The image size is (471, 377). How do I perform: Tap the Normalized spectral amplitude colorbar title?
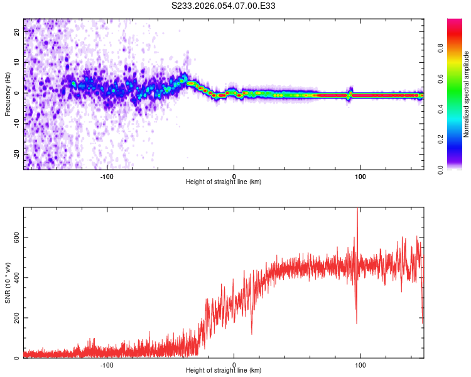(x=467, y=95)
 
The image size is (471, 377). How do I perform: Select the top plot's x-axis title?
(x=224, y=182)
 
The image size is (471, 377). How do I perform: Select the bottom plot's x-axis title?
(x=224, y=370)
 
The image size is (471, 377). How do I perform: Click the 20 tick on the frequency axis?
(x=17, y=33)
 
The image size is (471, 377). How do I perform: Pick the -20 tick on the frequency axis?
(x=17, y=153)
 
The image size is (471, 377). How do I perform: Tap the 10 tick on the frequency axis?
(x=17, y=63)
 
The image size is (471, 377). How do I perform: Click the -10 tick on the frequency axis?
(x=17, y=123)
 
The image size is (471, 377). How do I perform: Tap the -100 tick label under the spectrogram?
(x=107, y=175)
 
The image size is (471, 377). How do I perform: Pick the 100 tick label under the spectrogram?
(x=360, y=175)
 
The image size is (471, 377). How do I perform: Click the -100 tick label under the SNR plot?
(x=107, y=364)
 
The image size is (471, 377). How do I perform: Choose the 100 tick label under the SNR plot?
(x=360, y=364)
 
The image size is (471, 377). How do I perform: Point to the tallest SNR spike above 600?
(x=357, y=210)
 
